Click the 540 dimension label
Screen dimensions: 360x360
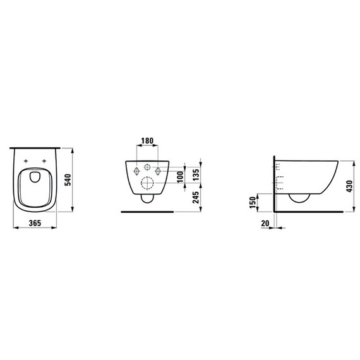tap(68, 180)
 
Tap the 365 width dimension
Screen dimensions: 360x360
tap(35, 223)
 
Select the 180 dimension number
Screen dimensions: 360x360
tap(147, 141)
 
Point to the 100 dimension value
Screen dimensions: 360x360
tap(181, 177)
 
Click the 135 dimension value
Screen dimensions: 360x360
tap(196, 175)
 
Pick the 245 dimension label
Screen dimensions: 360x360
tap(196, 198)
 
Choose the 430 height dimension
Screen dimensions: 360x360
tap(349, 186)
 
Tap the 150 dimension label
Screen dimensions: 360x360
tap(253, 203)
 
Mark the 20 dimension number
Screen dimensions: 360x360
tap(265, 223)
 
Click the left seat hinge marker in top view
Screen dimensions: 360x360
tap(26, 161)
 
